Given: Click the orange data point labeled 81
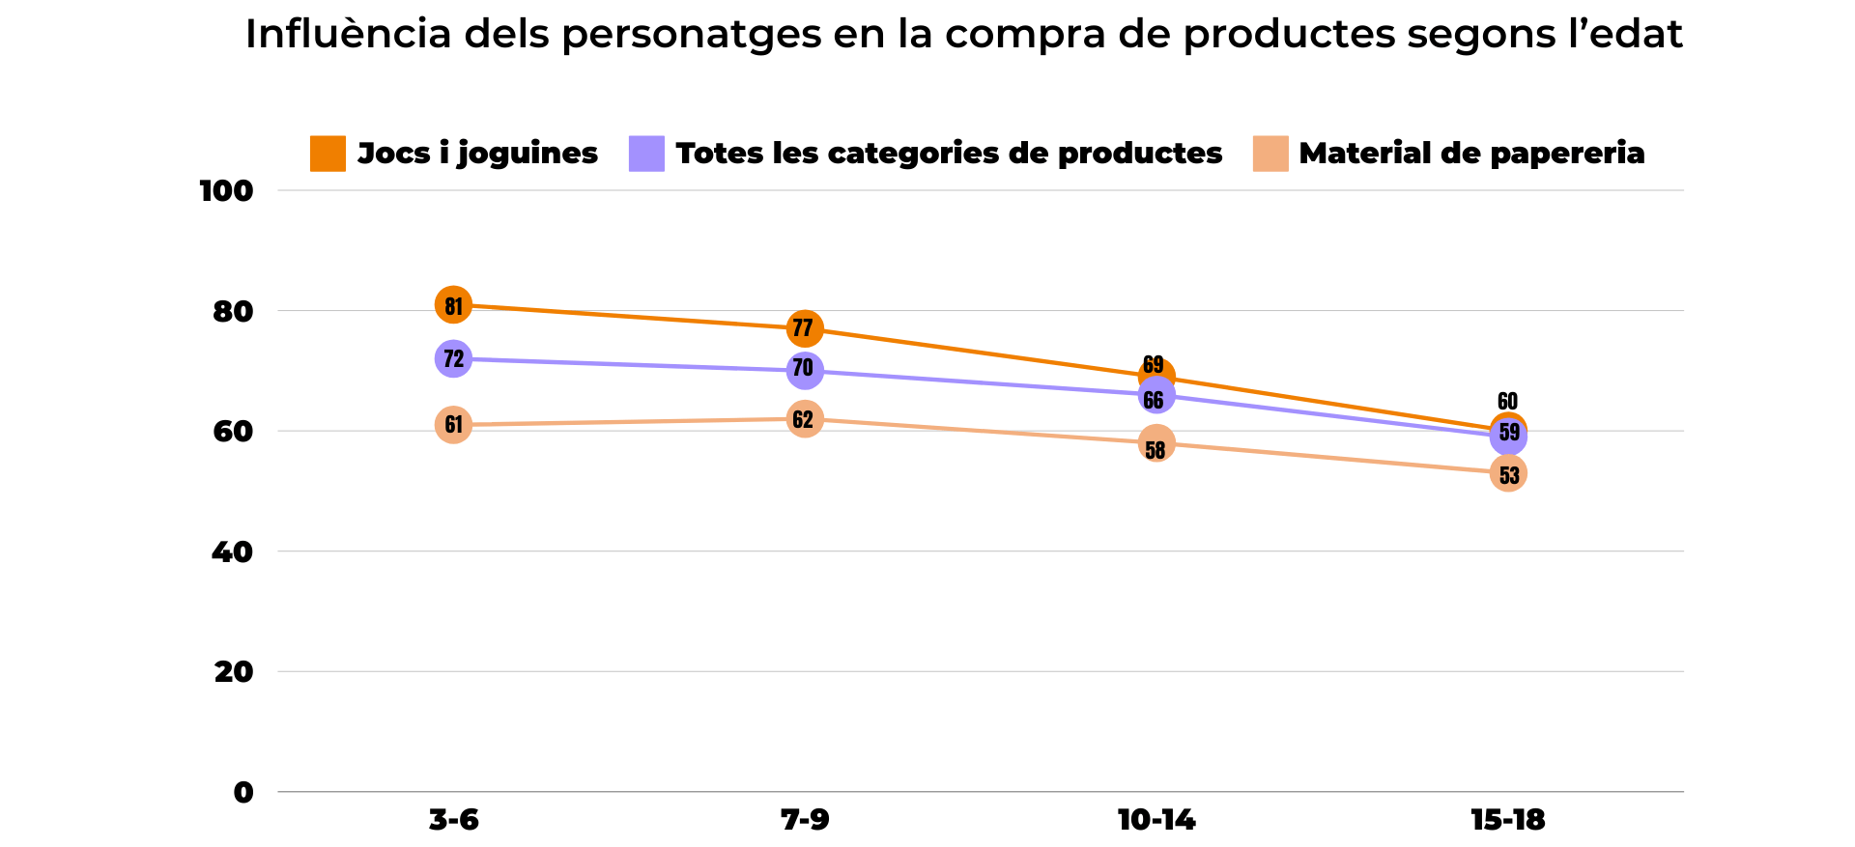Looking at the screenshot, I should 453,305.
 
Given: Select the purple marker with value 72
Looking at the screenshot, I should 453,359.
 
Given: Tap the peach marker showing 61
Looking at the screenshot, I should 453,425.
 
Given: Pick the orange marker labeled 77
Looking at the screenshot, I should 804,329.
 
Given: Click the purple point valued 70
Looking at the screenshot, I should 804,370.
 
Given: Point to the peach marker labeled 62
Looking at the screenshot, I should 804,419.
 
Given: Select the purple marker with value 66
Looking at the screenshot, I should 1156,396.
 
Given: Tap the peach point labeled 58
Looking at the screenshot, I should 1156,444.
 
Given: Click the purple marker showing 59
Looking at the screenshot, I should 1508,436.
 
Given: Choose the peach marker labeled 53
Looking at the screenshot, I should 1508,473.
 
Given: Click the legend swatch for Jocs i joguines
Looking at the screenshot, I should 328,154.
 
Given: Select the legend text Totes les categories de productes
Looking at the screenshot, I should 949,154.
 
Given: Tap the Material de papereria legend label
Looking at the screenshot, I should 1470,154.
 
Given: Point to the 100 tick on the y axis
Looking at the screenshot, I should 226,191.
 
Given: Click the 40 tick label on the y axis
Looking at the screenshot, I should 232,552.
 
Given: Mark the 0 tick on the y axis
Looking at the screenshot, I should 243,793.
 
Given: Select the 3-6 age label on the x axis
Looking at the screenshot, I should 453,821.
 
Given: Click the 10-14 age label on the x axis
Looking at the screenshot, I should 1156,821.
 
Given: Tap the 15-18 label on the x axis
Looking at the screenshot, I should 1507,821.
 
